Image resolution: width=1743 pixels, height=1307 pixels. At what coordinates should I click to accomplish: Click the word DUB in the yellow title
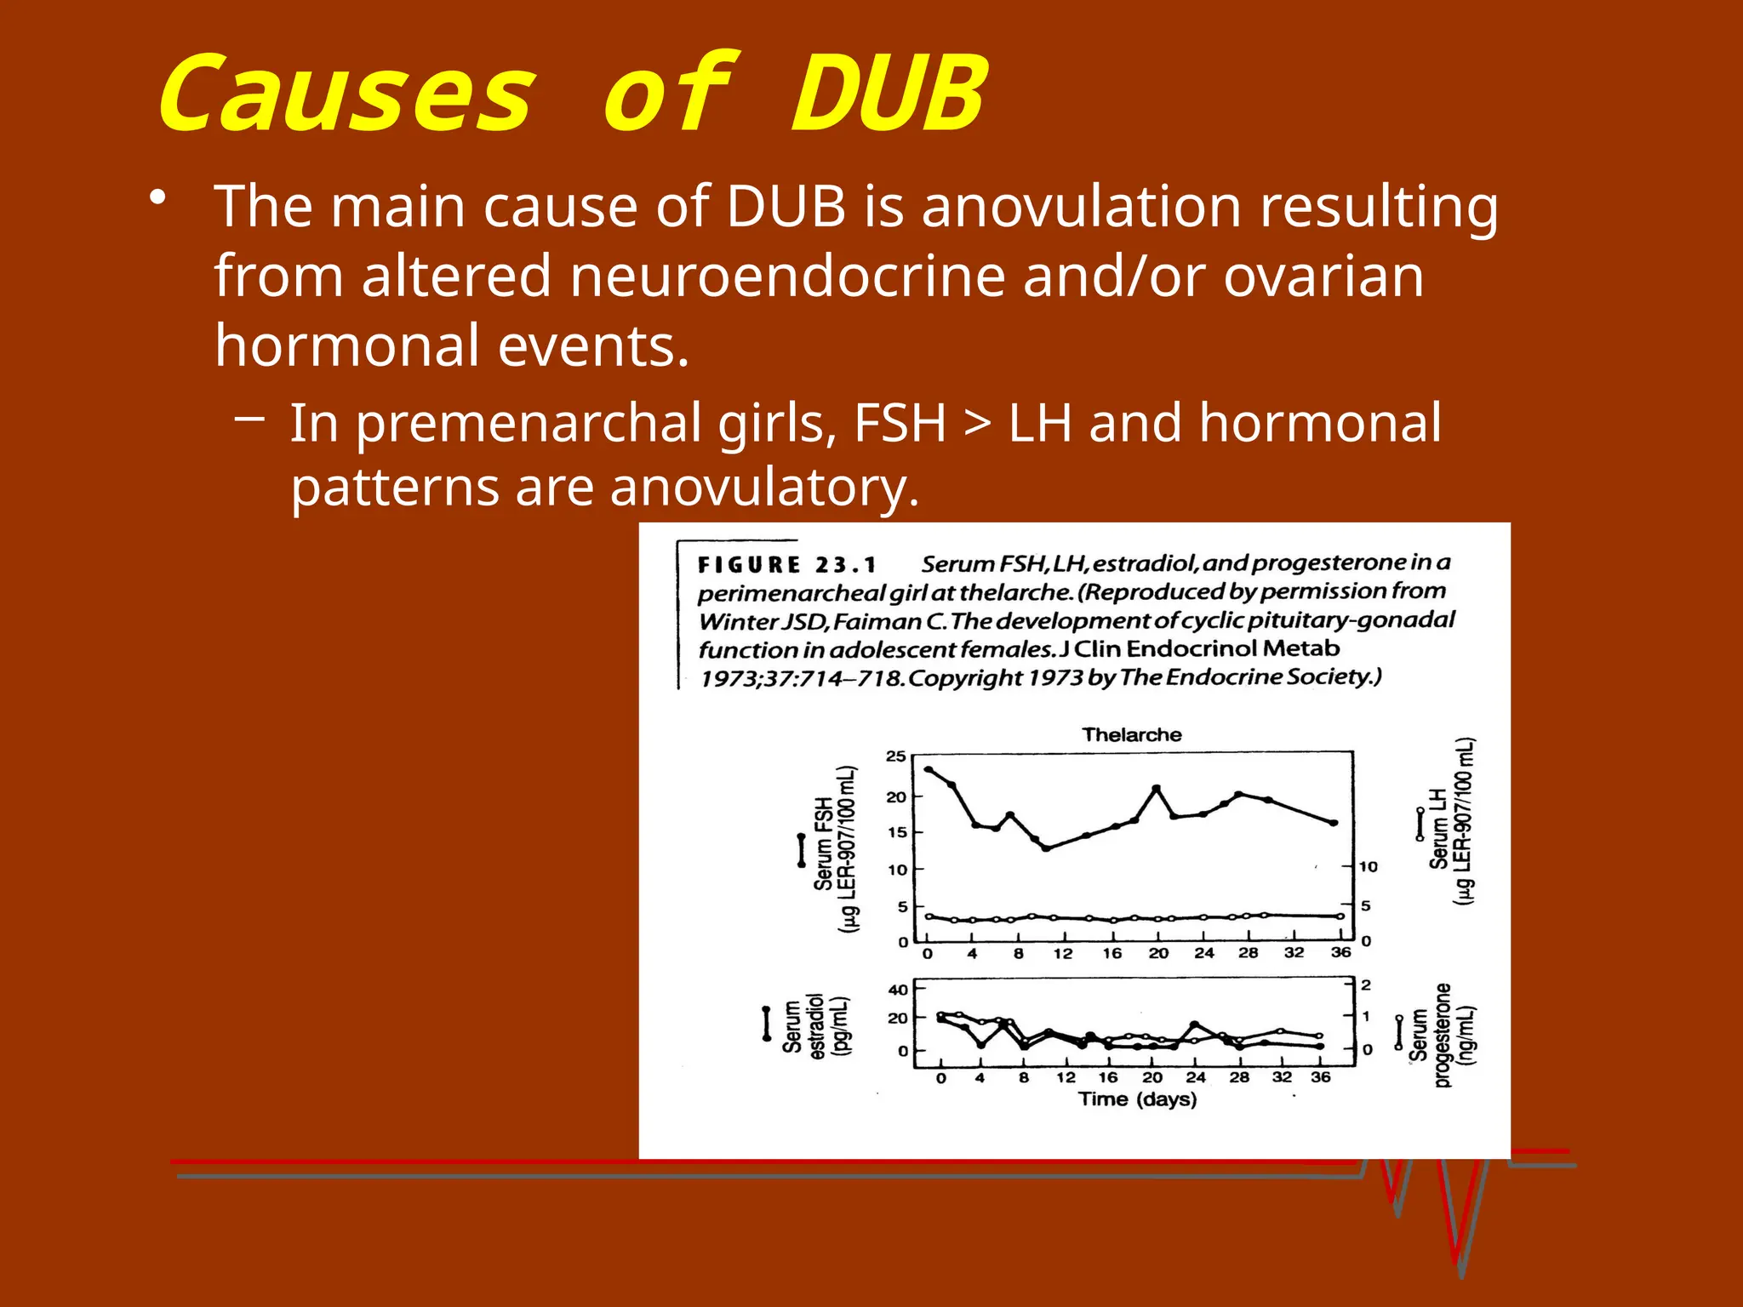pos(889,93)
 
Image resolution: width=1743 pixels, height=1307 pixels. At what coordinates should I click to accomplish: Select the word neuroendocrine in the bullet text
pos(787,277)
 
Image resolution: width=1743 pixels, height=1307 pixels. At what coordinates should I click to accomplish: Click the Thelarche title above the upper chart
pos(1131,734)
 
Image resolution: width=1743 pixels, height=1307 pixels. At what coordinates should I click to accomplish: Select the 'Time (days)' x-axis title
pos(1137,1099)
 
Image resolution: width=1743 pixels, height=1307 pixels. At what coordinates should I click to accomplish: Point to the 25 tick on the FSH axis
pos(896,756)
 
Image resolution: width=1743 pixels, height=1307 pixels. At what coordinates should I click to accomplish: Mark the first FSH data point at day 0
pos(928,769)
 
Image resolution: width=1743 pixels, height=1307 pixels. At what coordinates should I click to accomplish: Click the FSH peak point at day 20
pos(1156,789)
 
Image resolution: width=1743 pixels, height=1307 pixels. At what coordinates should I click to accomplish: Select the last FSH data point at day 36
pos(1334,823)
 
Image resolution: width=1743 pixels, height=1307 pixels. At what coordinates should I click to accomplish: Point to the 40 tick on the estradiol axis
pos(898,990)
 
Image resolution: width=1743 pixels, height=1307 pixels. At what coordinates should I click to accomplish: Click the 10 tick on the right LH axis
pos(1368,867)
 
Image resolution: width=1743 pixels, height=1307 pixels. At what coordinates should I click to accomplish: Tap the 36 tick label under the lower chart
pos(1321,1077)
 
